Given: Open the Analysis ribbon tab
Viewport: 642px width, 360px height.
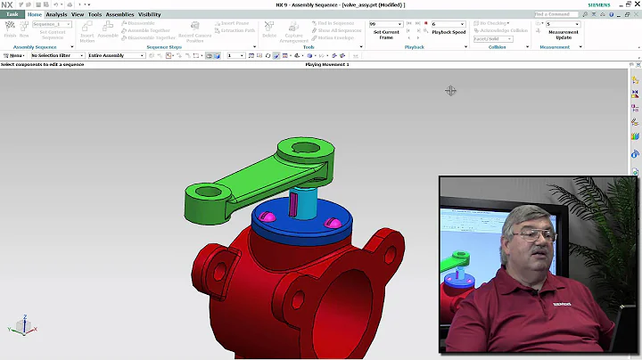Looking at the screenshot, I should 56,14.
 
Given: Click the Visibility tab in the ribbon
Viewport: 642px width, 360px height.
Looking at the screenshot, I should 150,14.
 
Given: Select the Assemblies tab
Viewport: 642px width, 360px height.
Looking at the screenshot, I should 119,14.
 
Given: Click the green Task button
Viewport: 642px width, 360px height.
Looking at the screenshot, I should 12,14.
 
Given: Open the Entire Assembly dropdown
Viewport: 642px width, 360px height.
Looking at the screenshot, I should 116,55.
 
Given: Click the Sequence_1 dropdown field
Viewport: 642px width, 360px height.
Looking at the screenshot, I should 52,24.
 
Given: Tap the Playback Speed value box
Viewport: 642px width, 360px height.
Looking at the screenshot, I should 446,24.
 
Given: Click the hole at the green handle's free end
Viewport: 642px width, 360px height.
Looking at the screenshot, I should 204,191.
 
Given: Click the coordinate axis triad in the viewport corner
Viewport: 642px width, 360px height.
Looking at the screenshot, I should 20,326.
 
